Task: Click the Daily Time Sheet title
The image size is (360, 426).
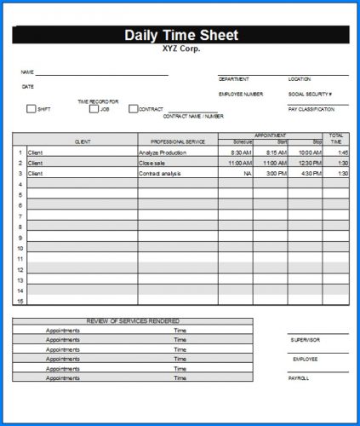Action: coord(181,35)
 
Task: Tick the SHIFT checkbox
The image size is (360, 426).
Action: coord(31,109)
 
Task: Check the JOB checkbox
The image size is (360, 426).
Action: coord(94,109)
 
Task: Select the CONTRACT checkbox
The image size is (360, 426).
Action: coord(134,109)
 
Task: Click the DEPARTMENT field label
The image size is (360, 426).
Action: coord(234,79)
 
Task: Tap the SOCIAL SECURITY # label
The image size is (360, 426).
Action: coord(310,94)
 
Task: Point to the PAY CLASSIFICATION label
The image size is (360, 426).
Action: coord(311,110)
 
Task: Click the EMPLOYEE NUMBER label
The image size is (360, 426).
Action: coord(241,94)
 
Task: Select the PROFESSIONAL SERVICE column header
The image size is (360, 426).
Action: coord(178,141)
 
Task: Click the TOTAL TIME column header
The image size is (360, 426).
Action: coord(336,138)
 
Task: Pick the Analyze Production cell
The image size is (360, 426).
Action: coord(162,153)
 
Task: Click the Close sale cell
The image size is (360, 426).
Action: coord(152,163)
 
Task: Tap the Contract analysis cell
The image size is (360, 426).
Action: coord(160,173)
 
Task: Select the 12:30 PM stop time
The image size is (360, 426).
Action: coord(310,163)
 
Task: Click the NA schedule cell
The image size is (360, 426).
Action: coord(248,173)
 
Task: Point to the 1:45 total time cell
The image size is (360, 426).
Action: coord(342,153)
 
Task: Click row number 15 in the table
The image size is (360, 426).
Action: coord(20,301)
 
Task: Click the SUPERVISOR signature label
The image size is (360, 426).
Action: coord(306,340)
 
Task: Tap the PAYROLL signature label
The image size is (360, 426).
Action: coord(300,377)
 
